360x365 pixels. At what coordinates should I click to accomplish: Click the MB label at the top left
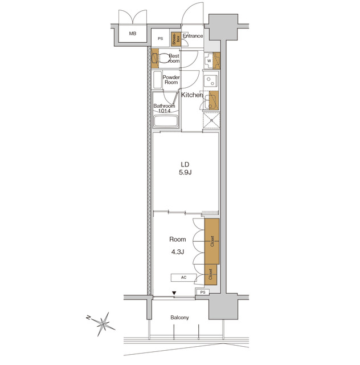click(132, 34)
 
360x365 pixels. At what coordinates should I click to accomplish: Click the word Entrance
click(193, 36)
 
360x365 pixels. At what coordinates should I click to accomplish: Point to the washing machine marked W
click(209, 60)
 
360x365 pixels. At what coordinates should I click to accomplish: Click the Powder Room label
click(171, 80)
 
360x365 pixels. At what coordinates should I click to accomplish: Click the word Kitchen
click(193, 95)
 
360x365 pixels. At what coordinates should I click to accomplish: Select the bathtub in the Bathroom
click(166, 121)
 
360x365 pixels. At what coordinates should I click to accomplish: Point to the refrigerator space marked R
click(211, 120)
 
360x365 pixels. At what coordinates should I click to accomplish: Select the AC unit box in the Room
click(183, 278)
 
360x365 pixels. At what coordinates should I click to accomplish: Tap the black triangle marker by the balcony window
click(174, 294)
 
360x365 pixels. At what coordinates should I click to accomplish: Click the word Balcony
click(179, 318)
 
